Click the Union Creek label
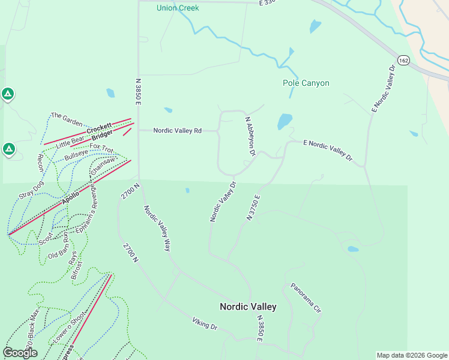(177, 8)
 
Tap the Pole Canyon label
(306, 83)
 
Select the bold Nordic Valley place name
(248, 307)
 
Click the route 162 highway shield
(403, 61)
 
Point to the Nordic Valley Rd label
(177, 130)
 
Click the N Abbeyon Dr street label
(250, 137)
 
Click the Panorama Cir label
(307, 298)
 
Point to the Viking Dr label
(205, 325)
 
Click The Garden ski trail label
(66, 118)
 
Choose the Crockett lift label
(98, 128)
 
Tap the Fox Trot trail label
(101, 147)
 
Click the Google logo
(20, 353)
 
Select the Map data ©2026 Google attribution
(411, 355)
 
